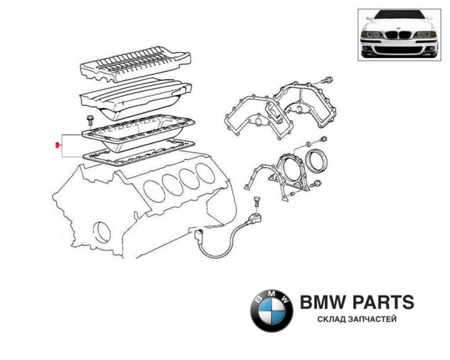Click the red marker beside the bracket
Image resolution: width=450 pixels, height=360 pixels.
pyautogui.click(x=57, y=145)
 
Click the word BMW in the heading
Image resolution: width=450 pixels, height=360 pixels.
pyautogui.click(x=320, y=302)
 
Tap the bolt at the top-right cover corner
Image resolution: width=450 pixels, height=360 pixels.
pyautogui.click(x=327, y=81)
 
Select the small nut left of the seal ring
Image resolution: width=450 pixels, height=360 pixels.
pyautogui.click(x=308, y=144)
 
